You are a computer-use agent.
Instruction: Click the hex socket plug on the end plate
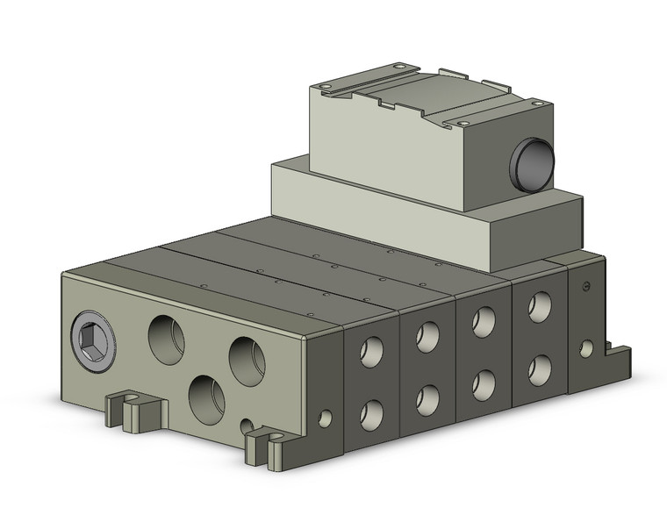(90, 336)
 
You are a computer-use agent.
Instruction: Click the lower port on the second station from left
(427, 397)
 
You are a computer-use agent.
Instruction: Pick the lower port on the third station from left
(484, 382)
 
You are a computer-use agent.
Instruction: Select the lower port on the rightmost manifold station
(539, 368)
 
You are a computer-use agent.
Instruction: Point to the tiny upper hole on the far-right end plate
(585, 286)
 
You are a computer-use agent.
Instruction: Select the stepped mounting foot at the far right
(616, 355)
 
